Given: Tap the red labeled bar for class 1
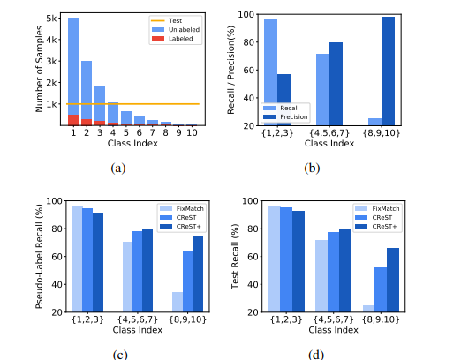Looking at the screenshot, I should click(73, 120).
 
